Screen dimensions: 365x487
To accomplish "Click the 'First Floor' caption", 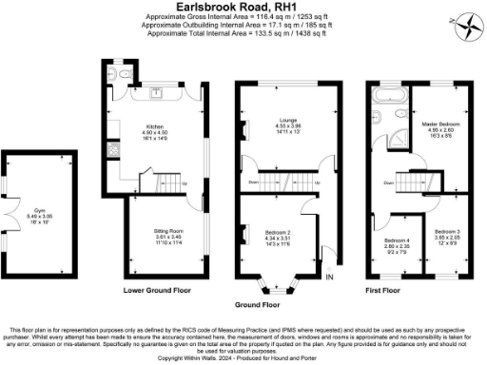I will coord(385,288).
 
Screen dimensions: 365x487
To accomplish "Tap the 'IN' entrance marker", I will coord(329,277).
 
